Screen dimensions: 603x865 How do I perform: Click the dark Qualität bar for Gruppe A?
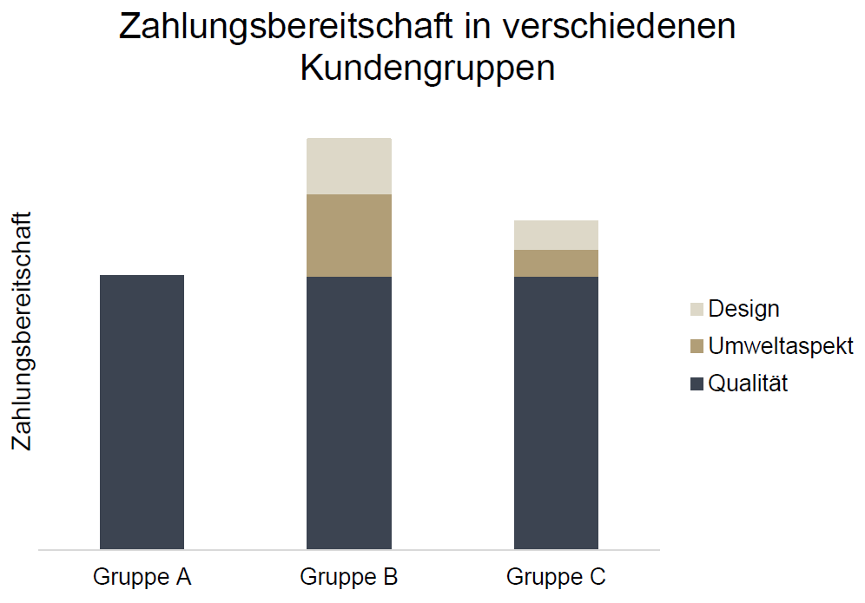pos(142,412)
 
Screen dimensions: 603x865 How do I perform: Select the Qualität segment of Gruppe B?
pos(349,413)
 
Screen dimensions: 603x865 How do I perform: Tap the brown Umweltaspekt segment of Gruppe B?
pos(349,235)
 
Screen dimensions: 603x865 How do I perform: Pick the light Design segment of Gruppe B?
pos(349,166)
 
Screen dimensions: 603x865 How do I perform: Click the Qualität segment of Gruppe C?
pos(556,413)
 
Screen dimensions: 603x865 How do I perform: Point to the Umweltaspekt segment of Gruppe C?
pos(556,263)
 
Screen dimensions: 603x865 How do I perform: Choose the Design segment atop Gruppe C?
pos(556,235)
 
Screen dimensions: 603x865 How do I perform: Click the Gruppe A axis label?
pos(142,577)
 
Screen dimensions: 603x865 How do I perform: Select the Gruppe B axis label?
pos(349,577)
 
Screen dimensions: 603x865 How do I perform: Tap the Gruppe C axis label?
pos(556,577)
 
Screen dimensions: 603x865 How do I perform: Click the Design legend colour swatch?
pos(697,309)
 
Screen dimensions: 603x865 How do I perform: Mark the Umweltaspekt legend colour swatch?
pos(697,346)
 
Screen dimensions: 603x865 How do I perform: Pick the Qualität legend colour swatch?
pos(697,383)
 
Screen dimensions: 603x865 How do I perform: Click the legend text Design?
pos(743,309)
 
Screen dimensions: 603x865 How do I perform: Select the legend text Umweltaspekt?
pos(781,346)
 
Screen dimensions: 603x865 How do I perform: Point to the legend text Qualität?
pos(748,383)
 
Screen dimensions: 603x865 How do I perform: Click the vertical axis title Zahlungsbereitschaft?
pos(23,331)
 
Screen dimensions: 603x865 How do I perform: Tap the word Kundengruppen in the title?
pos(427,69)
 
